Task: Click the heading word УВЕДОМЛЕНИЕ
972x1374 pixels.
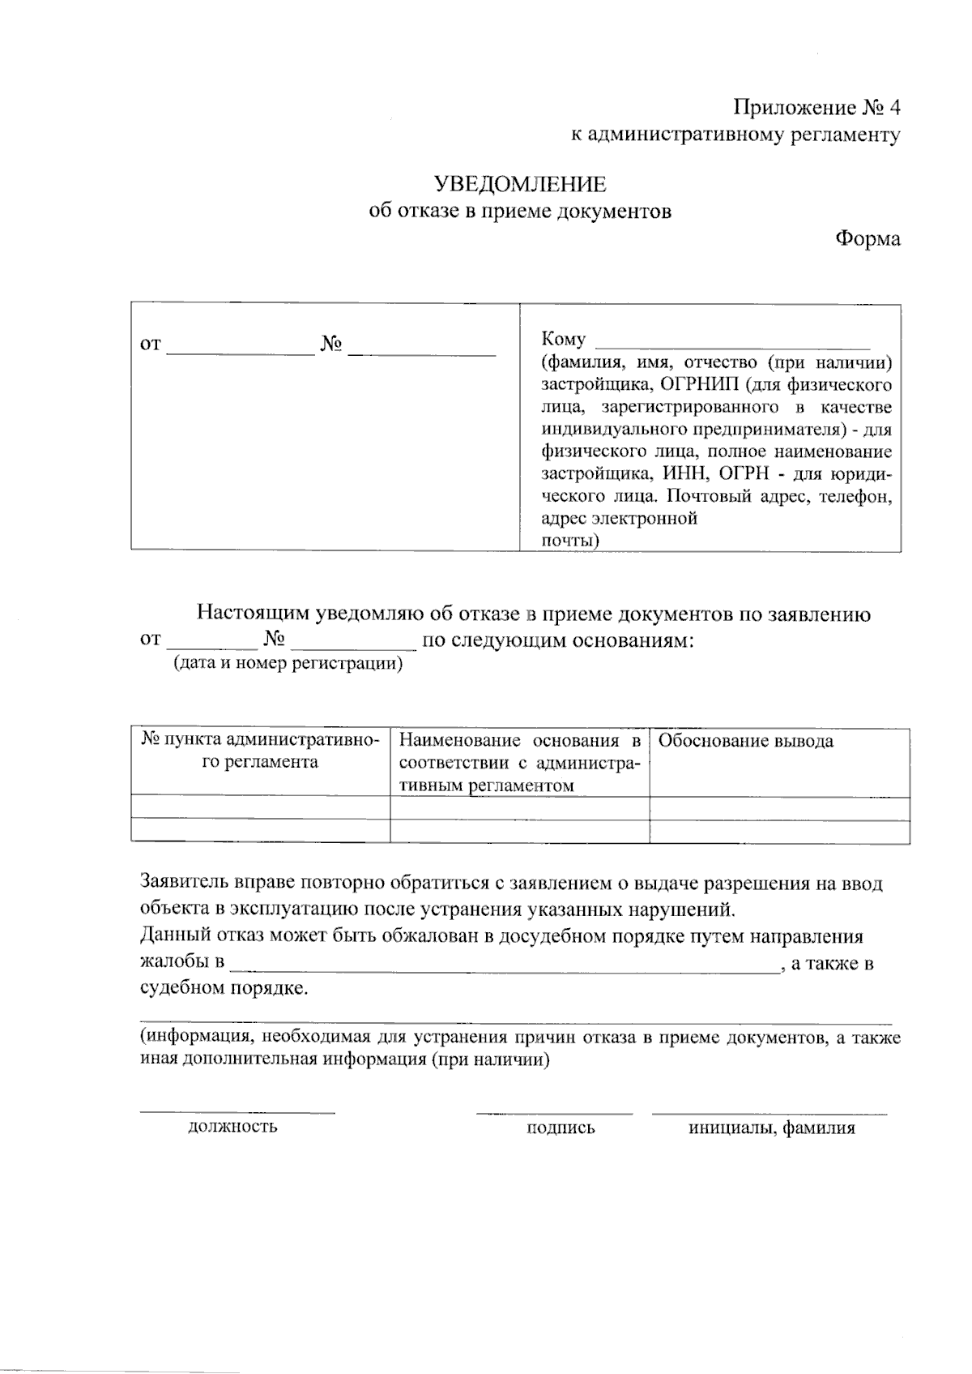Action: [x=520, y=185]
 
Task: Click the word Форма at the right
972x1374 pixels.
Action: [x=868, y=239]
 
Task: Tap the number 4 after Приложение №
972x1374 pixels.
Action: [x=894, y=108]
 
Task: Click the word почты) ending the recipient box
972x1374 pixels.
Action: [x=569, y=541]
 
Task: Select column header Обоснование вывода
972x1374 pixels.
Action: [x=746, y=741]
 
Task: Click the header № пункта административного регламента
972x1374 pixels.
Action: [x=260, y=751]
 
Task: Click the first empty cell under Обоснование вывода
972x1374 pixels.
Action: [x=778, y=808]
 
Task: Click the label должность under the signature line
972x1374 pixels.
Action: [x=232, y=1126]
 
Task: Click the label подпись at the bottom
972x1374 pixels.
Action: [x=561, y=1128]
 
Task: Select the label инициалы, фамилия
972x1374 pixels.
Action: [x=771, y=1128]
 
